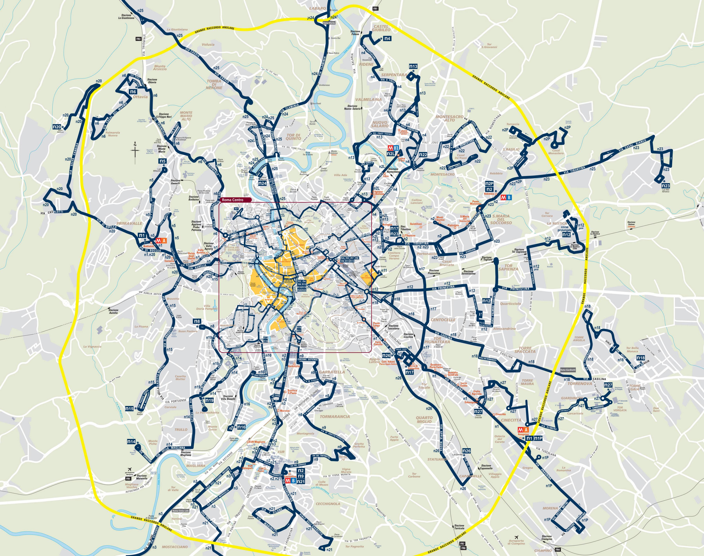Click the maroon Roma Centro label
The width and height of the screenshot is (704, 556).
(x=235, y=200)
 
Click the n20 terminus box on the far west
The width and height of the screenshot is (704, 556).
(x=57, y=127)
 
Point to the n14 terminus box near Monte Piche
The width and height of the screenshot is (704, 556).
(x=131, y=442)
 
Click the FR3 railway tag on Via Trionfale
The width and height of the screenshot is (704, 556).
(x=139, y=39)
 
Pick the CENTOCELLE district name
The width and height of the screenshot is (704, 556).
(x=443, y=320)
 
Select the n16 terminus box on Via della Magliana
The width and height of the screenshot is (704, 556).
(x=241, y=427)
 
